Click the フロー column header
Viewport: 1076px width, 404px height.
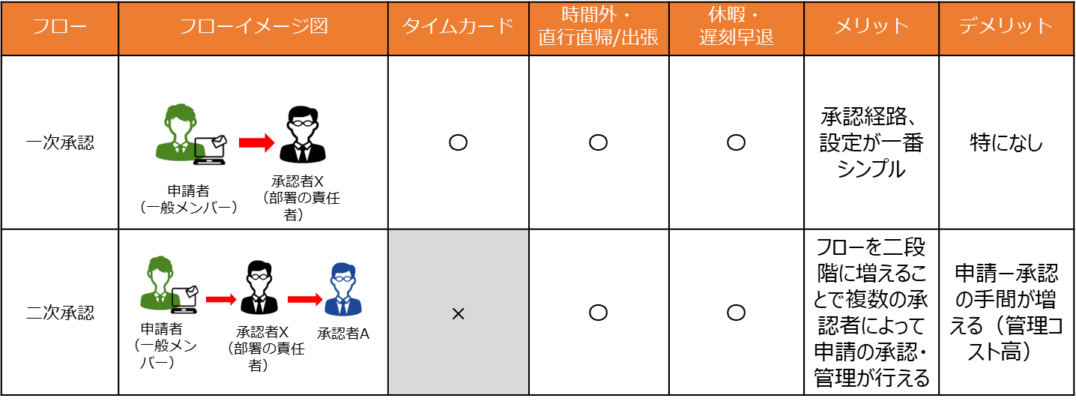(59, 27)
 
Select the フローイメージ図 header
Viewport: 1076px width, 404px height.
(253, 27)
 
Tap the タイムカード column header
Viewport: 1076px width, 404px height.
(459, 27)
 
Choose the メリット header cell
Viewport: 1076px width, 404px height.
(871, 27)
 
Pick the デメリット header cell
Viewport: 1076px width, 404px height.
(1006, 27)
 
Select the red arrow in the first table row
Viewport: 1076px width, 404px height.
(257, 143)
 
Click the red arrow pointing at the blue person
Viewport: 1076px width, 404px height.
(305, 300)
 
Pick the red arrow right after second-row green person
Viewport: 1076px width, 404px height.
(221, 300)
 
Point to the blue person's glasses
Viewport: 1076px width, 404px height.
(343, 278)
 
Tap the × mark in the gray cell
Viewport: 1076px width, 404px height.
(459, 314)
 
